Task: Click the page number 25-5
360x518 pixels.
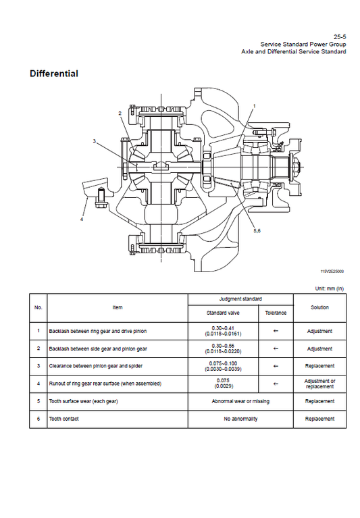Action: pos(340,36)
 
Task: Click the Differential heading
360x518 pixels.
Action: pos(54,74)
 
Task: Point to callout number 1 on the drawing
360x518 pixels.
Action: pos(255,106)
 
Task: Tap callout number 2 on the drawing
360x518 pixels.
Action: pos(120,113)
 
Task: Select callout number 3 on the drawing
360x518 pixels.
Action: pos(95,141)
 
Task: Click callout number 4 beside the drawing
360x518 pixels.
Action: pos(82,218)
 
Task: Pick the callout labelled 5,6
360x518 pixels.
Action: pos(257,230)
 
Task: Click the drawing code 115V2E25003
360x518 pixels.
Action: pos(332,271)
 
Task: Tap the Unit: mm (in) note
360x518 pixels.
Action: pos(330,288)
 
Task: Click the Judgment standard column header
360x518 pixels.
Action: pos(240,299)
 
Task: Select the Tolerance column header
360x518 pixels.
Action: pos(276,313)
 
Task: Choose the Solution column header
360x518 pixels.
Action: pos(319,307)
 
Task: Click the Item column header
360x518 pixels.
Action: pos(118,307)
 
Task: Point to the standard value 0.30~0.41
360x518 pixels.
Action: pos(222,328)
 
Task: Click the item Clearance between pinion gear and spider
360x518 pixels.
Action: pos(97,366)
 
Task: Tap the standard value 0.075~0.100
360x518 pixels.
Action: pos(222,363)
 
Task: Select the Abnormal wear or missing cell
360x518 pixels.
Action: pos(240,401)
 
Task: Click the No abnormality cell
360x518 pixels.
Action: pos(240,419)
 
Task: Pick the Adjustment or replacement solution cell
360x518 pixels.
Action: pos(319,384)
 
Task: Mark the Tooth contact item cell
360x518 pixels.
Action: pos(65,419)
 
